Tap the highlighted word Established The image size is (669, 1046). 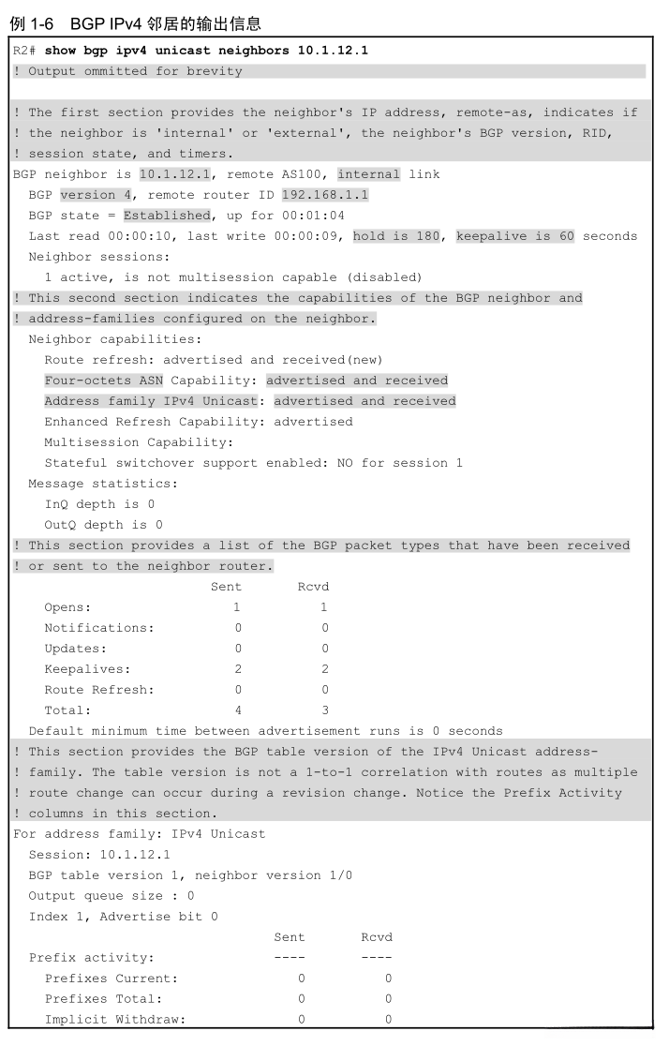[x=167, y=216]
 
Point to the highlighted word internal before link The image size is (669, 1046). [x=368, y=174]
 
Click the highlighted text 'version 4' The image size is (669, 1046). [x=96, y=195]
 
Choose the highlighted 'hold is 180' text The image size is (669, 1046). [x=396, y=236]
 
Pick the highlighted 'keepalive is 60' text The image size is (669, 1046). [x=514, y=236]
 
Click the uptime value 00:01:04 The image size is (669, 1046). [x=313, y=216]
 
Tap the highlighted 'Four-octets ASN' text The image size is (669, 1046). [x=103, y=381]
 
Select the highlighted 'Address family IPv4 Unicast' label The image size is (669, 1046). [x=151, y=401]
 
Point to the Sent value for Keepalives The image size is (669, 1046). [x=238, y=669]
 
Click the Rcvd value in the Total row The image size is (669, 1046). [x=325, y=710]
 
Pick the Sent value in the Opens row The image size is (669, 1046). [x=238, y=607]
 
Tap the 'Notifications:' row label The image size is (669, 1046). [x=99, y=628]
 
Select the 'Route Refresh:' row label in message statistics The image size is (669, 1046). [x=99, y=690]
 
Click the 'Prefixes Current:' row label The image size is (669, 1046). [x=111, y=979]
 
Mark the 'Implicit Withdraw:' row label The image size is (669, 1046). [x=114, y=1020]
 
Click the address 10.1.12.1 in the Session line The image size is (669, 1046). [x=135, y=855]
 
